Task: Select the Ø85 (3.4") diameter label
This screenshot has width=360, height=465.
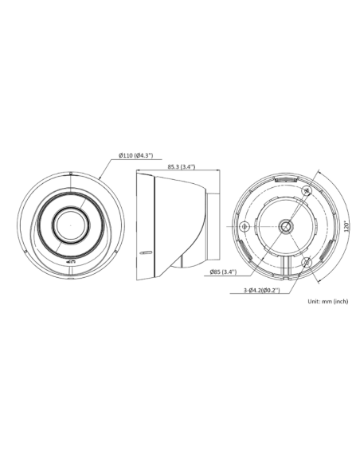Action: point(225,272)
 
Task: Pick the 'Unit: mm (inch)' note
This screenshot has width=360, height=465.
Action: point(328,302)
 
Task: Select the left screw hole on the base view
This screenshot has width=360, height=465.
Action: point(244,226)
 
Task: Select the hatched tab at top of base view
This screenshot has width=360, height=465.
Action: point(285,181)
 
